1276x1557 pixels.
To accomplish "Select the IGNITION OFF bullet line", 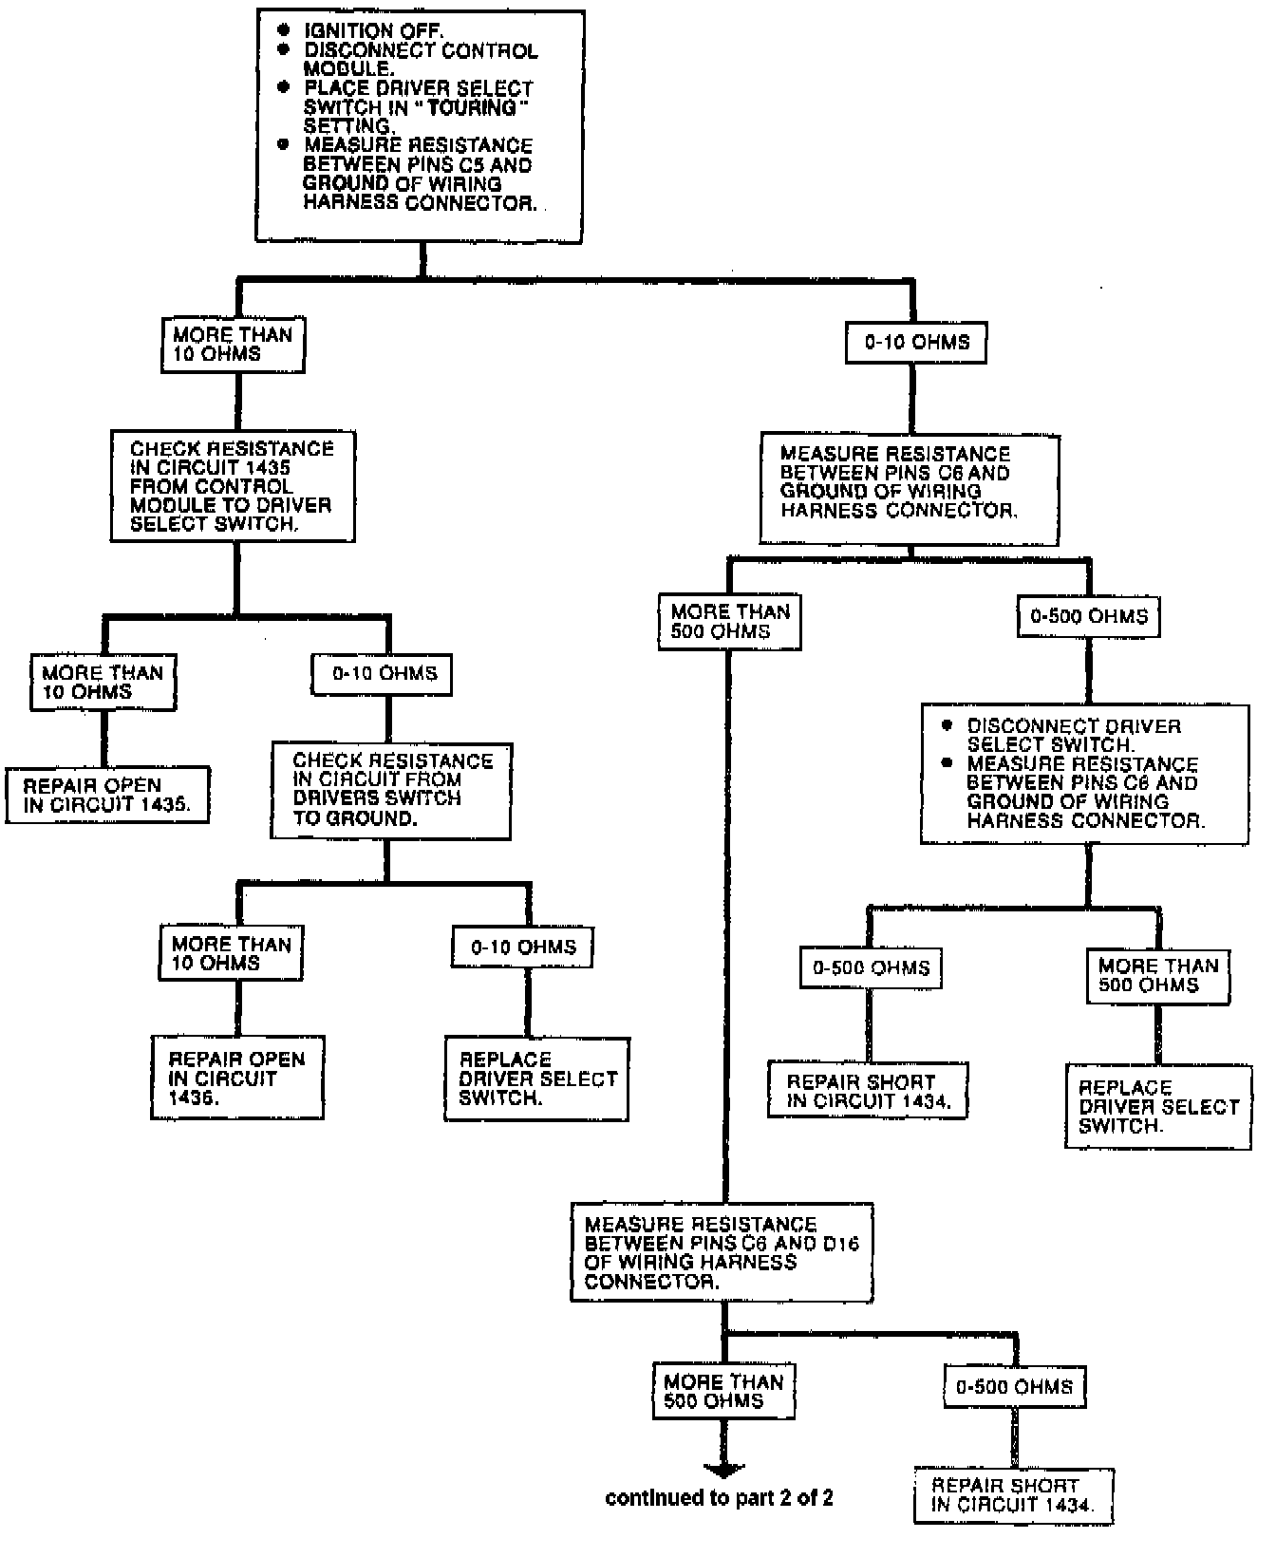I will pyautogui.click(x=372, y=31).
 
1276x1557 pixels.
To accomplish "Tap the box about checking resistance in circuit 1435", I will pyautogui.click(x=233, y=486).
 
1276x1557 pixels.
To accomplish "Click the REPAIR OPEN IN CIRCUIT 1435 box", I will pyautogui.click(x=106, y=796).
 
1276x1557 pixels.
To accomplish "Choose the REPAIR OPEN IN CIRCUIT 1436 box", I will pyautogui.click(x=237, y=1078).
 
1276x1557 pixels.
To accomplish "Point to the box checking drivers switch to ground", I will pyautogui.click(x=391, y=789).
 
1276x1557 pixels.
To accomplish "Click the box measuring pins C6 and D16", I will pyautogui.click(x=722, y=1252).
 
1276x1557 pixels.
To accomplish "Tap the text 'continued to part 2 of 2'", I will pyautogui.click(x=719, y=1499).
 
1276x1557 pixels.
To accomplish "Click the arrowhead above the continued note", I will pyautogui.click(x=722, y=1469).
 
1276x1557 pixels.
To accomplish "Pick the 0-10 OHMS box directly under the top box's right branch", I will pyautogui.click(x=916, y=343).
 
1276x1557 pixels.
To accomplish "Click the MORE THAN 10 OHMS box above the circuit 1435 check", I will pyautogui.click(x=233, y=344).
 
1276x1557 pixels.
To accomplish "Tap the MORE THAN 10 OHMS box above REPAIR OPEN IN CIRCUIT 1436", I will pyautogui.click(x=231, y=953).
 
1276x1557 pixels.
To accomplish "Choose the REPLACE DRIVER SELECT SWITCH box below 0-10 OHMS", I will pyautogui.click(x=537, y=1079).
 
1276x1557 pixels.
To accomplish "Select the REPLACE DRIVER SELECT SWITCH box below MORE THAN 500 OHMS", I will pyautogui.click(x=1158, y=1106).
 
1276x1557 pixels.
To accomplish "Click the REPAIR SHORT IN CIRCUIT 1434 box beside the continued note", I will pyautogui.click(x=1012, y=1495).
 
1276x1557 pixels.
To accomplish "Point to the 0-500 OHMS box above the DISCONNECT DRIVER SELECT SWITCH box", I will pyautogui.click(x=1088, y=616).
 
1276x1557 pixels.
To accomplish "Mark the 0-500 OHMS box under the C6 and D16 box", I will pyautogui.click(x=1013, y=1387).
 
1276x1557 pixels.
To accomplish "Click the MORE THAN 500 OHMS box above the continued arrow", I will pyautogui.click(x=723, y=1391).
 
